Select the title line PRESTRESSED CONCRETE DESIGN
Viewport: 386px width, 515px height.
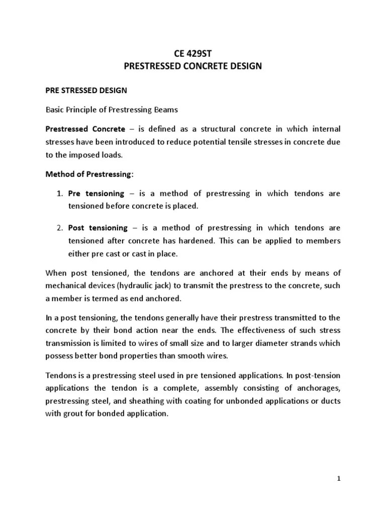(x=194, y=66)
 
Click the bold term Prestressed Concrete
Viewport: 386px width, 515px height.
(x=85, y=129)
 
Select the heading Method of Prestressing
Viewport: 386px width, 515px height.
(x=89, y=174)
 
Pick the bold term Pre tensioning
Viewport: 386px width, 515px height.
(x=96, y=193)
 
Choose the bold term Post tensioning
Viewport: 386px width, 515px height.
(x=98, y=228)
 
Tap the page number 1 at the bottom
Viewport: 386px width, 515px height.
(x=340, y=478)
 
